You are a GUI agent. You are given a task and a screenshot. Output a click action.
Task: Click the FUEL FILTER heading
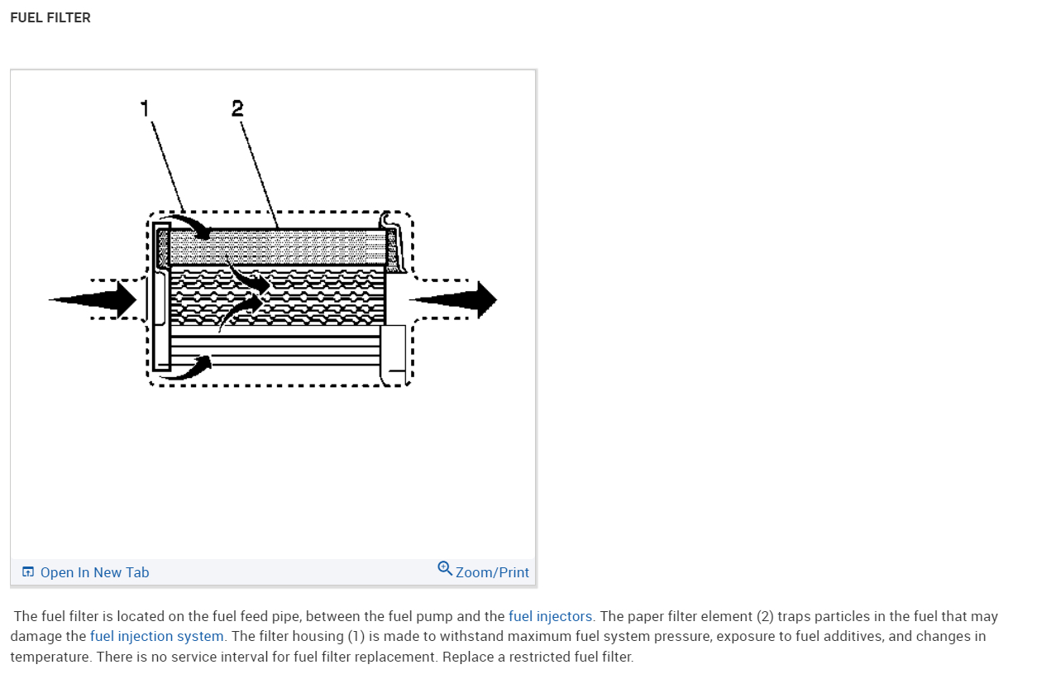pos(50,17)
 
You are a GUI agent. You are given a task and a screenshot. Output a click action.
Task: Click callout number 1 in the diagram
pos(145,108)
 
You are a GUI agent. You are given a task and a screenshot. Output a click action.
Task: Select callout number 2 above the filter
pos(237,108)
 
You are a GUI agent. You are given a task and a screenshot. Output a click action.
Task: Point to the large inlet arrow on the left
pos(95,299)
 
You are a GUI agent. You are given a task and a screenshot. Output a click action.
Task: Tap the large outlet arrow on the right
pos(455,299)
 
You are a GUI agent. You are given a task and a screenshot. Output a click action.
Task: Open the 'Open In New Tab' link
pos(94,572)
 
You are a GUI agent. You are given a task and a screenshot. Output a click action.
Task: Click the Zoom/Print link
pos(492,572)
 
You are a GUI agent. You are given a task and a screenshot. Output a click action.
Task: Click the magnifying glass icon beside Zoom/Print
pos(445,569)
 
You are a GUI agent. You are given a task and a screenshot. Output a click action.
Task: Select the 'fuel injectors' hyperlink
pos(550,616)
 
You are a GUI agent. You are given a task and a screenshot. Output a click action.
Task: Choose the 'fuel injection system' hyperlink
pos(157,636)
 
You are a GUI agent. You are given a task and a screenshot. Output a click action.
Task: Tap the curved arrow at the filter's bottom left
pos(189,367)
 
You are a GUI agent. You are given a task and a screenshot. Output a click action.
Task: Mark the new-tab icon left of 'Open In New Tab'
pos(28,571)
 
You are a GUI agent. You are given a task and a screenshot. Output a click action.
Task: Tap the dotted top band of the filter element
pos(277,246)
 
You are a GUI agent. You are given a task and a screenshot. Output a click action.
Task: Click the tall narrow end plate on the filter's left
pos(161,296)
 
